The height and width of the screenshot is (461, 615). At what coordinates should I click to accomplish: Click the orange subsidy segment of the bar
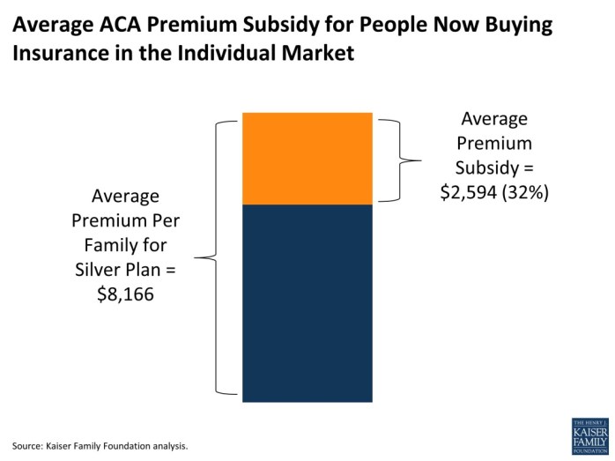point(307,159)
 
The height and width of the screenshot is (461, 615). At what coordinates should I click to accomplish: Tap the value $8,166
point(125,294)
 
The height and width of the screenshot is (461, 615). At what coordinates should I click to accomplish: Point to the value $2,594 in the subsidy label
point(471,192)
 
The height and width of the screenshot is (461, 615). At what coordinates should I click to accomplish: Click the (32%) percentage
point(527,192)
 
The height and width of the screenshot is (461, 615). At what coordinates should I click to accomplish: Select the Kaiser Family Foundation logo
point(589,436)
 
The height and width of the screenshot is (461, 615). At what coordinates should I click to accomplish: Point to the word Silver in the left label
point(100,270)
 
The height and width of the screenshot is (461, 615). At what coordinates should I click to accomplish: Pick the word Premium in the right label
point(494,143)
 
